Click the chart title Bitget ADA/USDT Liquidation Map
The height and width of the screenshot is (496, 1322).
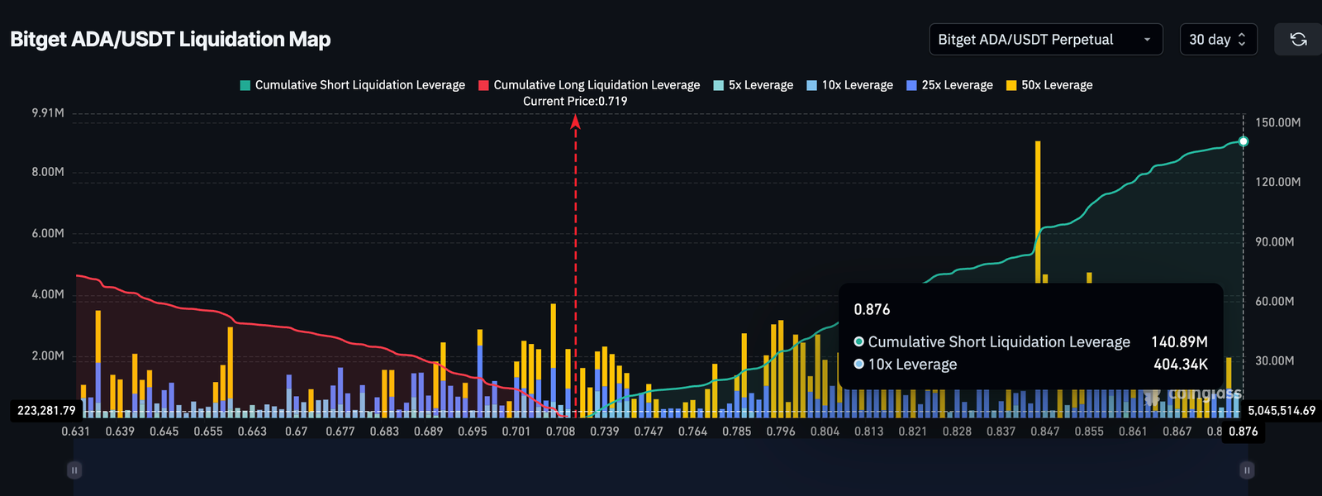(170, 40)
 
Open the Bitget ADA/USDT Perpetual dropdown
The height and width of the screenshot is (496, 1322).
(1045, 40)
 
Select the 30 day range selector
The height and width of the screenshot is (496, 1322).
(1218, 40)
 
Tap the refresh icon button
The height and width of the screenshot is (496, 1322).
(1298, 40)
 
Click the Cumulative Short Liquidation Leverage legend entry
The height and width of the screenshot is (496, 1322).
(352, 85)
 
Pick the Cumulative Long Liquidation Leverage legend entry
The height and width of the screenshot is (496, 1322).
(589, 85)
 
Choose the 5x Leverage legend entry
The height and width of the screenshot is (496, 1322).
(753, 85)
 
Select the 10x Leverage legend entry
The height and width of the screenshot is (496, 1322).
(849, 85)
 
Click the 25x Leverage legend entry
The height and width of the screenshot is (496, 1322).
(949, 85)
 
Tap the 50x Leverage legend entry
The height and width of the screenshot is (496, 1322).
(1049, 85)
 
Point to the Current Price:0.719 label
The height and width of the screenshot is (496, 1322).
(575, 101)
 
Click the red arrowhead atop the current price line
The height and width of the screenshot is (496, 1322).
(576, 122)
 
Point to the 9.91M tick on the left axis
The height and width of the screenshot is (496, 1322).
(48, 112)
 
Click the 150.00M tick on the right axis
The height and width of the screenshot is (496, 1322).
(1277, 122)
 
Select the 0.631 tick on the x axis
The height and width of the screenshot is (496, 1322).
(76, 432)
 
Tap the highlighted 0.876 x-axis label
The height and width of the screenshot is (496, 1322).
(1243, 432)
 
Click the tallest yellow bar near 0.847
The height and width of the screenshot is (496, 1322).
(1038, 207)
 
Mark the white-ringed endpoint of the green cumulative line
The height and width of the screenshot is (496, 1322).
(1244, 141)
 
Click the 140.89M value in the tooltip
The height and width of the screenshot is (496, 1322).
(1179, 342)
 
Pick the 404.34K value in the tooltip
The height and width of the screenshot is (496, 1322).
(1181, 365)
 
